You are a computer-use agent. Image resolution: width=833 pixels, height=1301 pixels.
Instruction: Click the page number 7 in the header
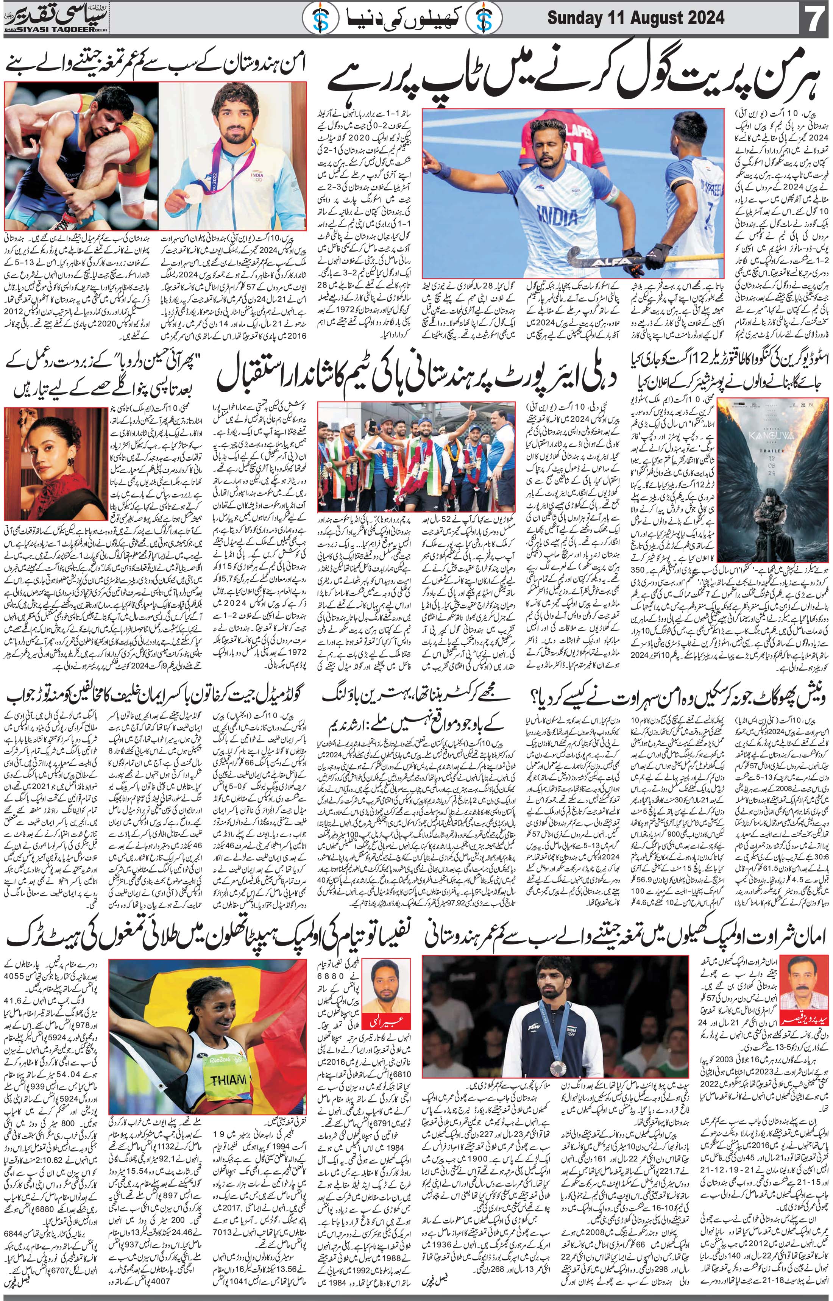click(x=814, y=19)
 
